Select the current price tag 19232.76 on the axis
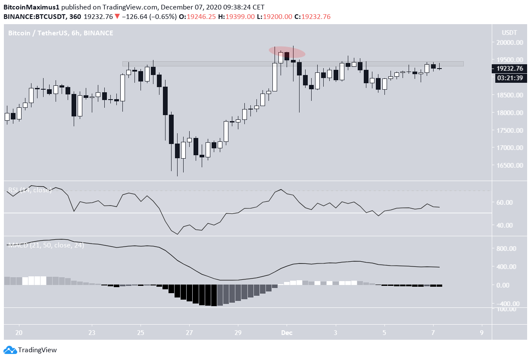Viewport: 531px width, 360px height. pyautogui.click(x=509, y=69)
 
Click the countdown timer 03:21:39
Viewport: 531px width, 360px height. pyautogui.click(x=509, y=78)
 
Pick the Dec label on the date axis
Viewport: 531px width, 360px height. pyautogui.click(x=287, y=333)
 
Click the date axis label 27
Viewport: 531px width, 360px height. pyautogui.click(x=189, y=333)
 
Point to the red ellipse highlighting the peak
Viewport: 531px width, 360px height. pyautogui.click(x=287, y=52)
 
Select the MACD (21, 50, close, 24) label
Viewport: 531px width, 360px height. pyautogui.click(x=46, y=245)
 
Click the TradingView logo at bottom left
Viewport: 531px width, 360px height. pyautogui.click(x=30, y=350)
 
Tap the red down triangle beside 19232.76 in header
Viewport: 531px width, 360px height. pyautogui.click(x=117, y=16)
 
